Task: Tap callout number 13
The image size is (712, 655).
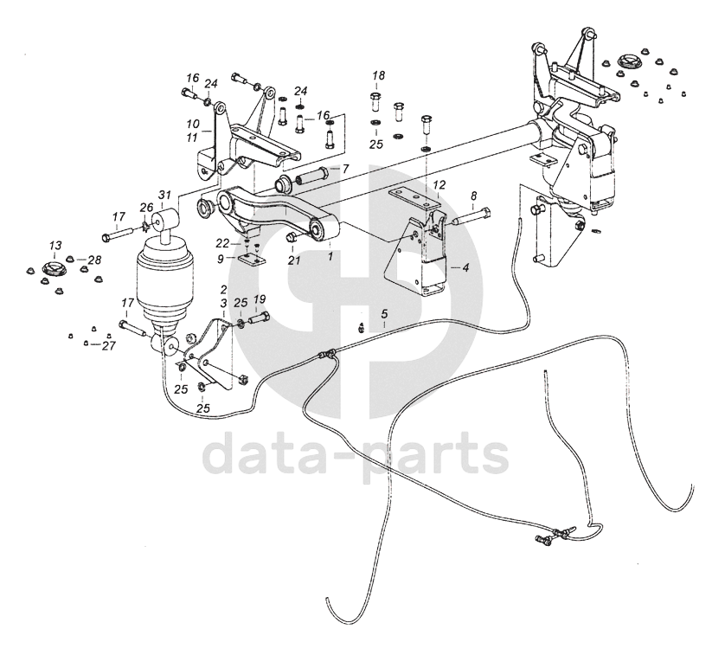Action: pos(55,246)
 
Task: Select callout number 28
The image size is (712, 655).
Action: pos(93,260)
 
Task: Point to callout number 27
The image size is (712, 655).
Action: pos(108,346)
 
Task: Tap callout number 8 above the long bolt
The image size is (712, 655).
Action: pos(473,196)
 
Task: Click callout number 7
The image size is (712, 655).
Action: pos(344,169)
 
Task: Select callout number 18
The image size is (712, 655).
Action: pos(379,75)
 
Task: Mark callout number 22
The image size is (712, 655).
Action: pos(222,242)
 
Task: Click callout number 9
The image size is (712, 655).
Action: pos(221,258)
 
